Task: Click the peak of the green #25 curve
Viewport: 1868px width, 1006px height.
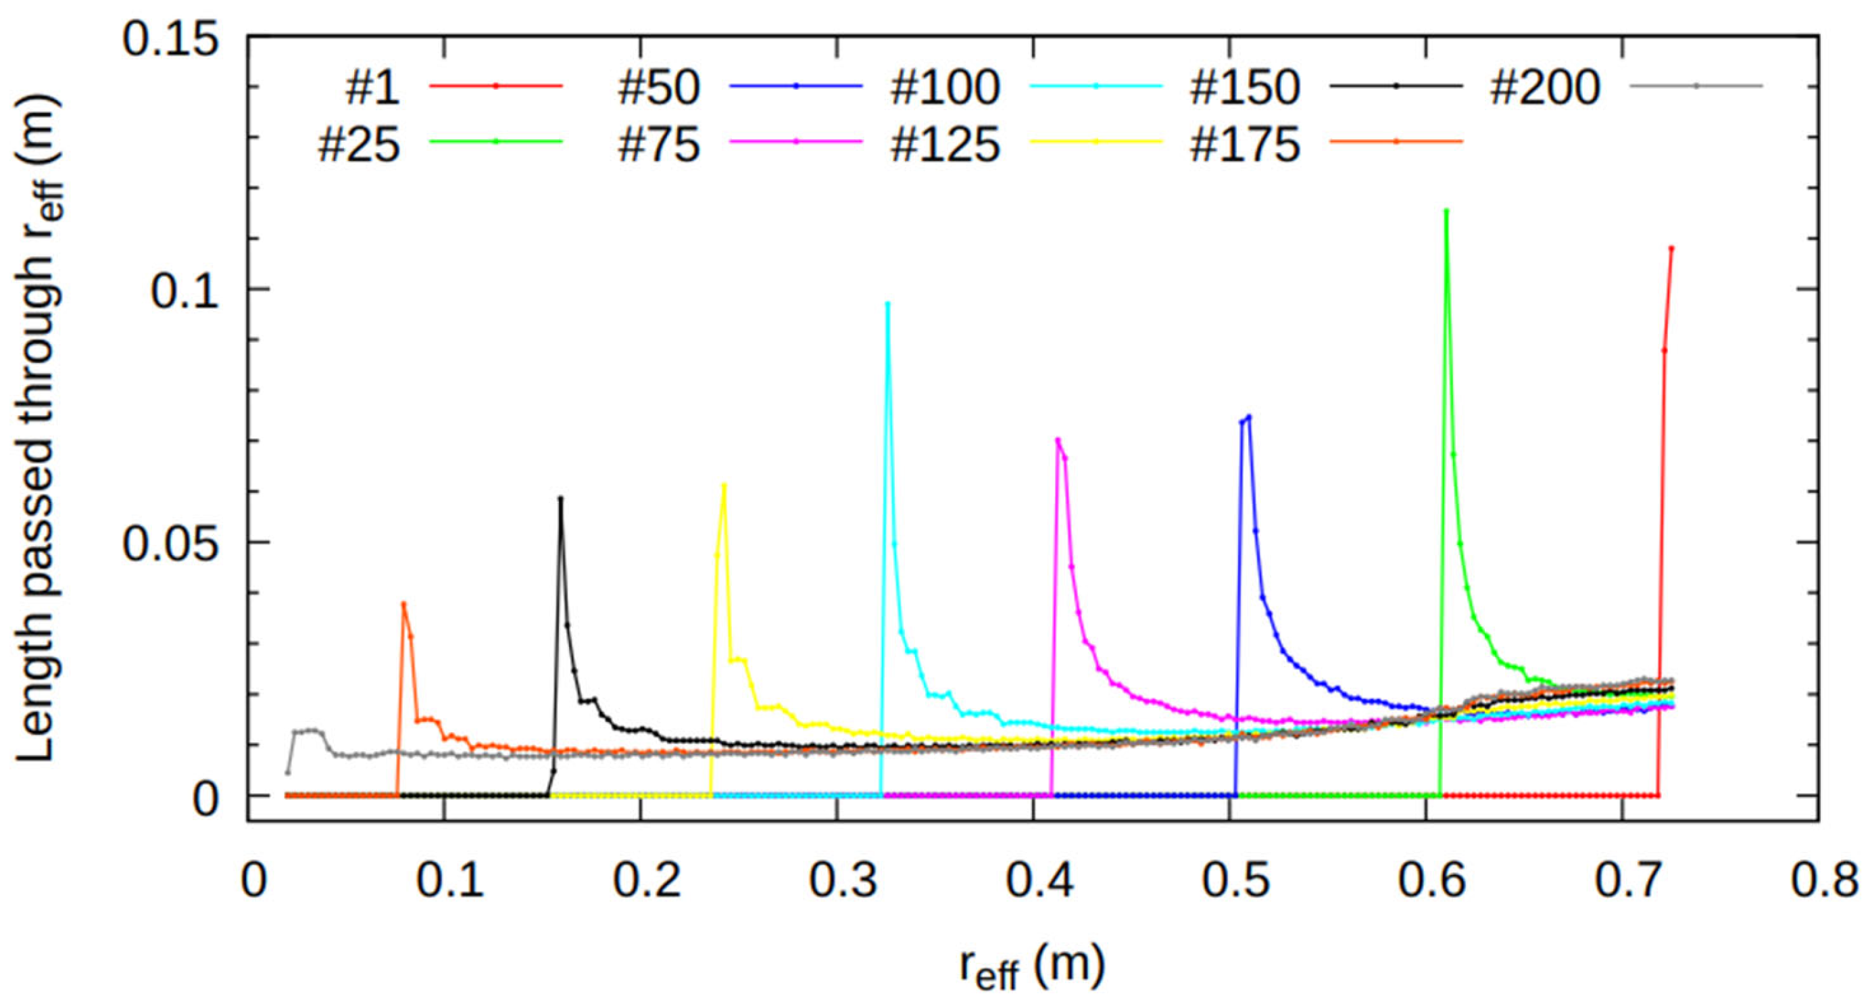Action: [x=1447, y=211]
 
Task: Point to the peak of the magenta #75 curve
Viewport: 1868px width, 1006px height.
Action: [x=1058, y=439]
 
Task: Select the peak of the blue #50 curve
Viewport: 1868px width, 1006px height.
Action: [x=1249, y=416]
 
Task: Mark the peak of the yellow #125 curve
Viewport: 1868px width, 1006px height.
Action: [x=724, y=485]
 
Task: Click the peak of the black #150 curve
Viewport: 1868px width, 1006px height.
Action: [x=560, y=498]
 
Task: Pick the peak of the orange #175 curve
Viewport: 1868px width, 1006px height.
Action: [x=404, y=604]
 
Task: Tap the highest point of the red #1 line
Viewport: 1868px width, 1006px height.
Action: [x=1671, y=248]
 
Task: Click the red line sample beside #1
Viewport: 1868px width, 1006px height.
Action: [x=496, y=86]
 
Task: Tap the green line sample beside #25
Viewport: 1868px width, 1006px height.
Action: [x=496, y=141]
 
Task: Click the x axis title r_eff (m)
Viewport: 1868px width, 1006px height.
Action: [x=1033, y=968]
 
